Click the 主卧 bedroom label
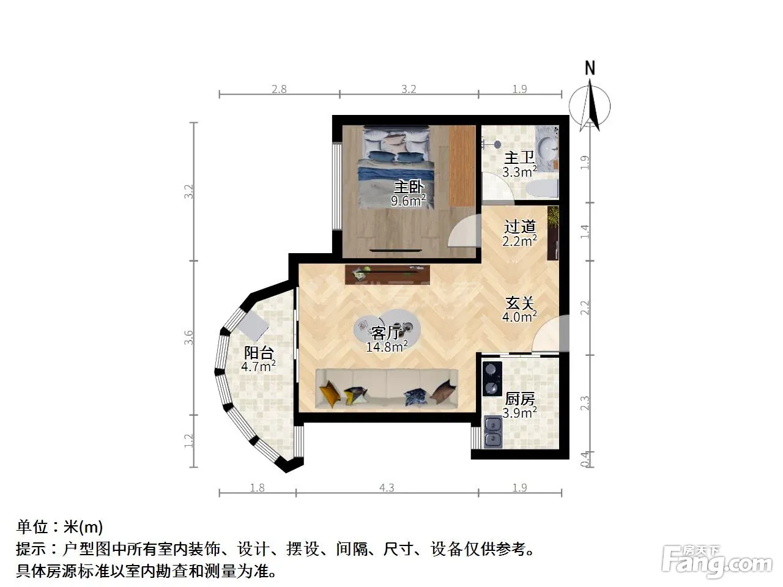tap(409, 186)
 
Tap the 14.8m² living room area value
tap(387, 346)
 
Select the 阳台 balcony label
tap(259, 353)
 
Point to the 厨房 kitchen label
tap(520, 399)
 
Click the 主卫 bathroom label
tap(519, 157)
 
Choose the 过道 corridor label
tap(520, 226)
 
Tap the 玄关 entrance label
tap(520, 303)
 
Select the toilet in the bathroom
tap(542, 188)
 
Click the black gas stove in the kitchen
tap(492, 378)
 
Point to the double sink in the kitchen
tap(493, 432)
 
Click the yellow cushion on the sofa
tap(329, 394)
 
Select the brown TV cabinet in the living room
tap(387, 275)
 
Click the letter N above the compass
tap(590, 68)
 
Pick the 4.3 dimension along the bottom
tap(387, 487)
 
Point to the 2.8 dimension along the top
tap(279, 89)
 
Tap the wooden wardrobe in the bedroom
tap(462, 166)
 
